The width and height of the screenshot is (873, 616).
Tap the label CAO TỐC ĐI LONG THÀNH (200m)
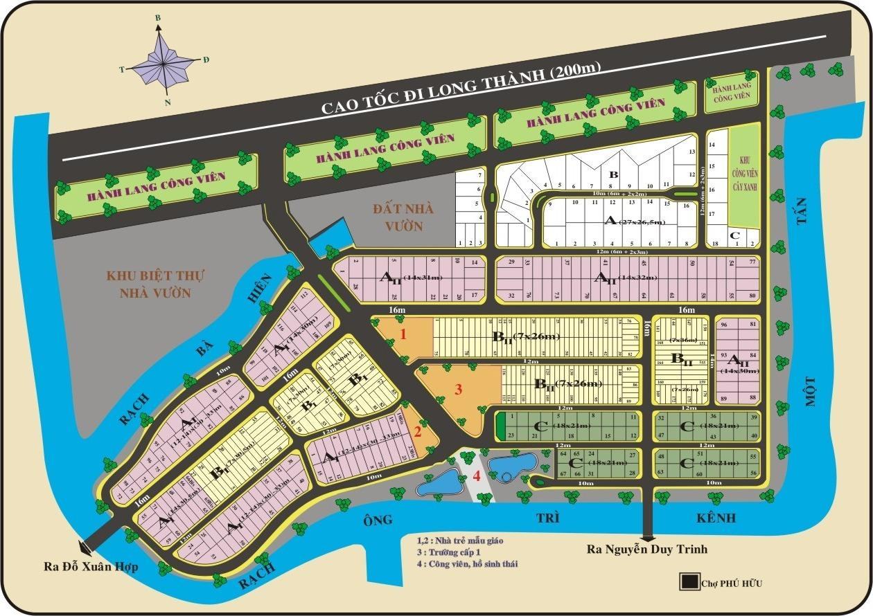461,89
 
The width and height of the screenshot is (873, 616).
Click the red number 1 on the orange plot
404,335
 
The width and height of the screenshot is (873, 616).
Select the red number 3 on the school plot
458,389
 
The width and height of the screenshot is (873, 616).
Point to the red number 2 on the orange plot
417,433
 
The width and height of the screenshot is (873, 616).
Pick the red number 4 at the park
477,475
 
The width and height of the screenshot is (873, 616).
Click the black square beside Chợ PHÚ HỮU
689,582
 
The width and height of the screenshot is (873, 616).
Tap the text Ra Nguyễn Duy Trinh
647,550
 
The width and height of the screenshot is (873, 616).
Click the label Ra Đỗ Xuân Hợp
91,567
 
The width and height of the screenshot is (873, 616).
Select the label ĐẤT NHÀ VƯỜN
397,217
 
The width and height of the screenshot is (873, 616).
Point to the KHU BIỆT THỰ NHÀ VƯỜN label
155,284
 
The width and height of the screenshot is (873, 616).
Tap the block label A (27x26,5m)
635,221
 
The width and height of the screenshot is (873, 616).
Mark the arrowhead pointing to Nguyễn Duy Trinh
649,536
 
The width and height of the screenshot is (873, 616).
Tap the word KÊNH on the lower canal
716,518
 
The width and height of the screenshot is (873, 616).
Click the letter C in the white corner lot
735,235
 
